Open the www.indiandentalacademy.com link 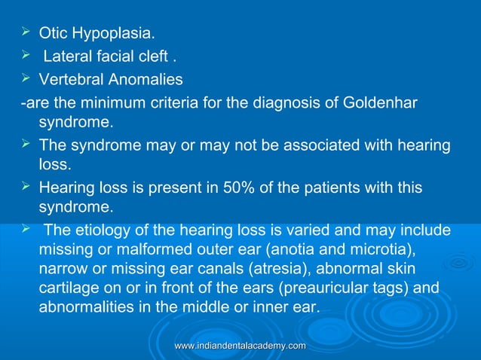coord(240,345)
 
